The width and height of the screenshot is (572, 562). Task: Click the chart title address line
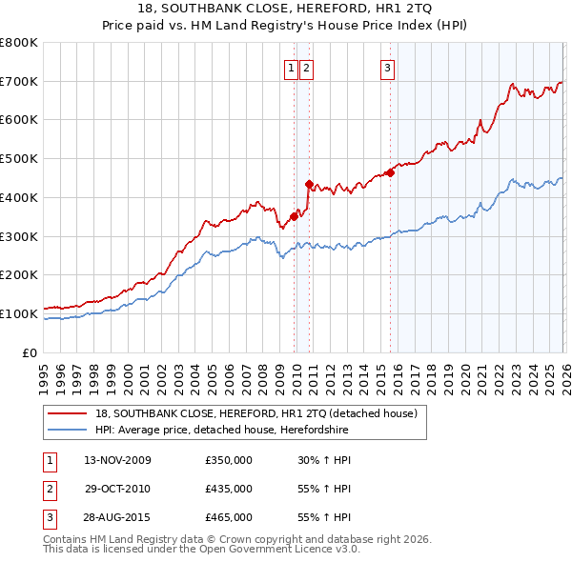tap(285, 8)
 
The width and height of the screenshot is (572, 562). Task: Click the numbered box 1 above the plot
tap(290, 68)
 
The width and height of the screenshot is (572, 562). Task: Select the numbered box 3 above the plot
tap(388, 68)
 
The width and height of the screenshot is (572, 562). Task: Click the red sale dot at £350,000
tap(294, 216)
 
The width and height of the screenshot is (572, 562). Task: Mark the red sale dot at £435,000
tap(309, 184)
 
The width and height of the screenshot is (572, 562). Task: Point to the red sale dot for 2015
tap(391, 172)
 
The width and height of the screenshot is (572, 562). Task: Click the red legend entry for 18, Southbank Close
tap(255, 413)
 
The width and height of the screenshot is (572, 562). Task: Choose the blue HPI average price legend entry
tap(221, 431)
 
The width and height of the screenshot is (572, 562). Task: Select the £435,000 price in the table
tap(229, 489)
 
